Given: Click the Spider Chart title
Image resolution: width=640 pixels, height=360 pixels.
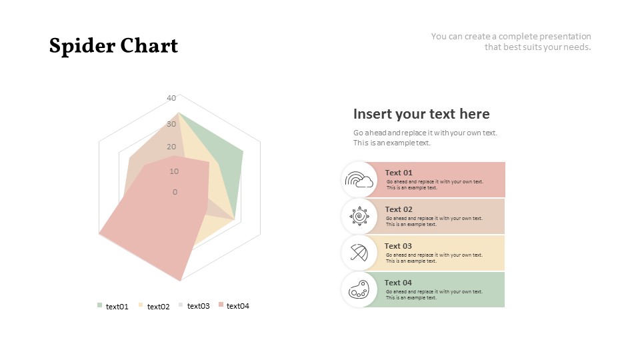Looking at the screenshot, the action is click(x=113, y=46).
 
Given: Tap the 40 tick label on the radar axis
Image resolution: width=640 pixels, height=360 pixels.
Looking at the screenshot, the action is click(x=171, y=98).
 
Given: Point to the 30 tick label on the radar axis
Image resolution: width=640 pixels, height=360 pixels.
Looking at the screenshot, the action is click(x=171, y=124).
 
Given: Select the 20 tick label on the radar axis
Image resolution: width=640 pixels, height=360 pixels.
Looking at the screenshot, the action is click(x=171, y=147).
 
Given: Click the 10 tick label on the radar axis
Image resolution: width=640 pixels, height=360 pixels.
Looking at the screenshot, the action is click(x=174, y=171).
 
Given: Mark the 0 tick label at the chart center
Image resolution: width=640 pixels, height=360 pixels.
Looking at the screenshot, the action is click(x=175, y=192).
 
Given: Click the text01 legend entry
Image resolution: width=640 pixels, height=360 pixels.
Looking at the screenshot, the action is click(x=113, y=306).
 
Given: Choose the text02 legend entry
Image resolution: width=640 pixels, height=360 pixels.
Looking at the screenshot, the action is click(x=154, y=306).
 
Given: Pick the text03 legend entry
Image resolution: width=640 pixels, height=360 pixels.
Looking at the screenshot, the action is click(x=194, y=306).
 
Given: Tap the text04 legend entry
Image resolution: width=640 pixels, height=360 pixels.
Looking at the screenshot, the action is click(x=234, y=306).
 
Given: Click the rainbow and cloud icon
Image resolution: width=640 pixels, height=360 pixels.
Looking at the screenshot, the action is click(x=359, y=179).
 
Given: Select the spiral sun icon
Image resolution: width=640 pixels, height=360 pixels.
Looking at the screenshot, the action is click(x=359, y=216).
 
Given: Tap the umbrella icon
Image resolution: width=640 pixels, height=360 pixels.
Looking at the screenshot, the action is click(x=359, y=253).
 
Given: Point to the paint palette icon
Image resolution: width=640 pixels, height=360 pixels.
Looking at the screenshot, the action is click(x=359, y=289).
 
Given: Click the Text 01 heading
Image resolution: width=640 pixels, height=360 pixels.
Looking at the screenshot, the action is click(x=399, y=173).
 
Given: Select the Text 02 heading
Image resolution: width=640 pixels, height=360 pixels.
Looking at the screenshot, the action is click(x=399, y=209).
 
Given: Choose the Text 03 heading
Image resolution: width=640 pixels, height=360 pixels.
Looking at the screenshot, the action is click(x=398, y=246).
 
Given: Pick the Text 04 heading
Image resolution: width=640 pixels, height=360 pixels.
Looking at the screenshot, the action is click(x=398, y=283).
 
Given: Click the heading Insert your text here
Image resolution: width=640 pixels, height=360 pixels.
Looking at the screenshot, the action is click(x=421, y=114).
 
